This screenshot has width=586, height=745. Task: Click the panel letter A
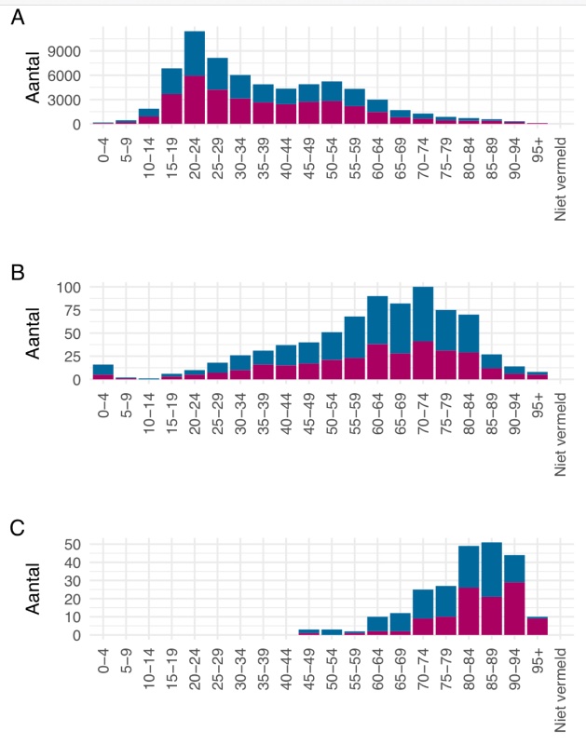click(x=18, y=19)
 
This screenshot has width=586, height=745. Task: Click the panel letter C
click(x=18, y=528)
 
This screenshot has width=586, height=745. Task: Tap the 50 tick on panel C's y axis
click(x=73, y=544)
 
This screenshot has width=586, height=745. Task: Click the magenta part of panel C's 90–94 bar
click(x=514, y=609)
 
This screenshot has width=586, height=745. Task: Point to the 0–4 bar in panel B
click(x=103, y=372)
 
